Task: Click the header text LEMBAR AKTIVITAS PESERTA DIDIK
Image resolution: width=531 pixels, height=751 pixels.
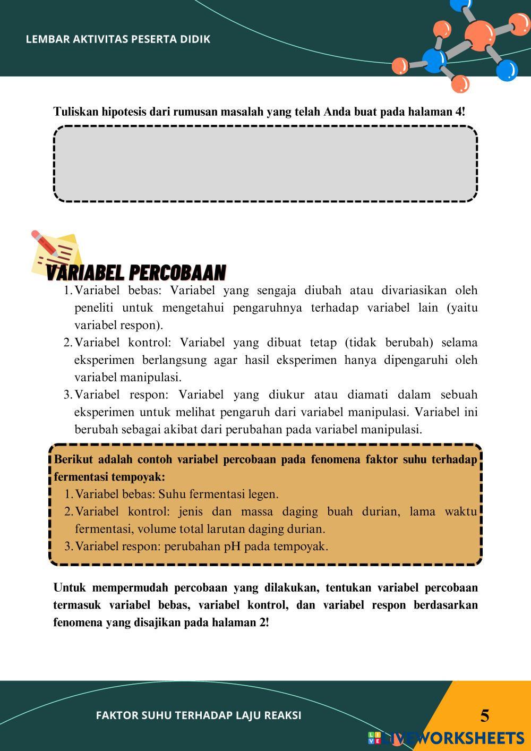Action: pyautogui.click(x=118, y=39)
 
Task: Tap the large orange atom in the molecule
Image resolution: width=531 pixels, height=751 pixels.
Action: pyautogui.click(x=479, y=33)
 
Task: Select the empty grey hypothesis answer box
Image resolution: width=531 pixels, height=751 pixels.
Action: pyautogui.click(x=265, y=164)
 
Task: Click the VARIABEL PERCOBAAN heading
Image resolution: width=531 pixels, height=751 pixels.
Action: pyautogui.click(x=136, y=272)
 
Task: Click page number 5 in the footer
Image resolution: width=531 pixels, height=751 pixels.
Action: pyautogui.click(x=485, y=716)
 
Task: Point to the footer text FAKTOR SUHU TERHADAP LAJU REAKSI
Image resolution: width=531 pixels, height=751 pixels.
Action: pyautogui.click(x=199, y=715)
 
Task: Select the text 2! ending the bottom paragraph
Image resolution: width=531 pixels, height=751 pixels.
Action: pyautogui.click(x=264, y=623)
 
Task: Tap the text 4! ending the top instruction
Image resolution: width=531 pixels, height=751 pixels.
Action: pyautogui.click(x=460, y=112)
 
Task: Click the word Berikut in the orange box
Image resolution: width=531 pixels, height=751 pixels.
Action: pyautogui.click(x=73, y=460)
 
